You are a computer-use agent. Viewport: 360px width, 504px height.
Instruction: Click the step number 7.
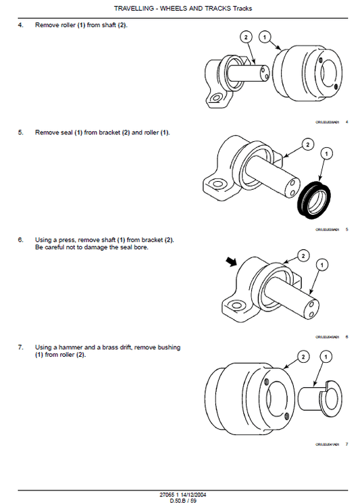(20, 347)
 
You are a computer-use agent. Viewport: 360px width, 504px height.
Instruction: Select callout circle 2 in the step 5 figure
(307, 144)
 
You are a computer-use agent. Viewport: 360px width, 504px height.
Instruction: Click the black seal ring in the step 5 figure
(313, 199)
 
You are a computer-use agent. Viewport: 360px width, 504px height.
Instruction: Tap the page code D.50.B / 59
(180, 500)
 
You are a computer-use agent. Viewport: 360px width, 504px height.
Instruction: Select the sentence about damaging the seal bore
(91, 247)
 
